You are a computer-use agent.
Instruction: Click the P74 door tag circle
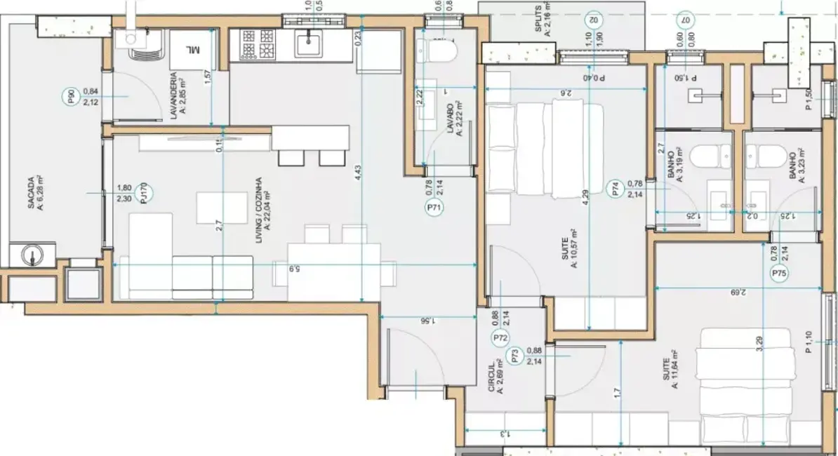click(x=615, y=188)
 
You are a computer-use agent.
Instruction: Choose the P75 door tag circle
click(x=778, y=274)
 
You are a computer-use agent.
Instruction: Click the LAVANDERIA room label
click(x=175, y=96)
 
